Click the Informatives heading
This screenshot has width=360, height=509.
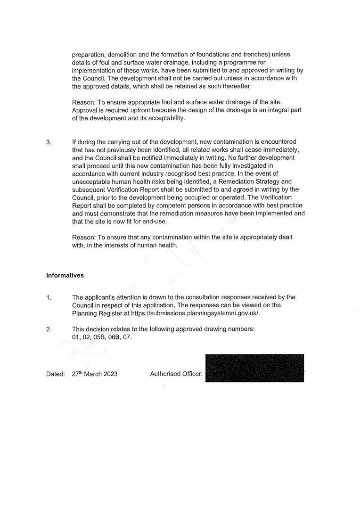click(65, 275)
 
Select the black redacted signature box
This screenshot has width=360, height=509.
click(255, 368)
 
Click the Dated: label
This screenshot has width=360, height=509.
click(55, 374)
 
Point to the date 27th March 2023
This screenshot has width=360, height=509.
click(95, 374)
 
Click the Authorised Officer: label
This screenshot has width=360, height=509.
click(176, 374)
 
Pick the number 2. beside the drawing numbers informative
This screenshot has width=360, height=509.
click(49, 329)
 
